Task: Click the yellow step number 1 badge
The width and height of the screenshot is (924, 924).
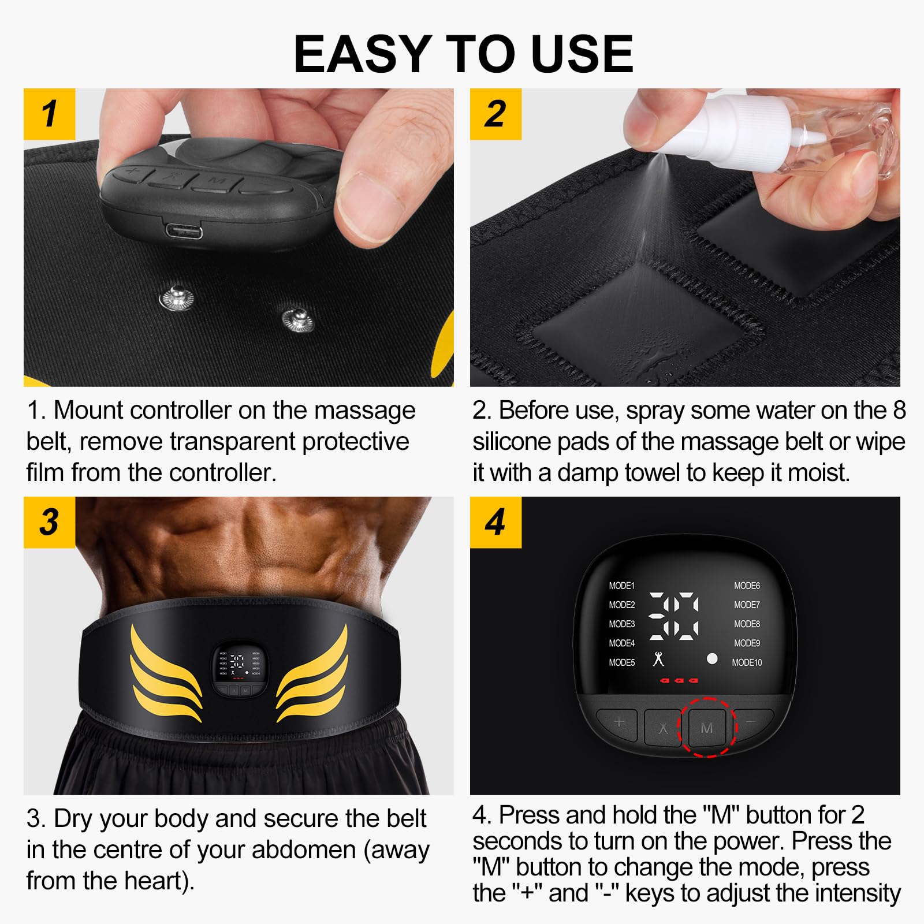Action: [x=50, y=114]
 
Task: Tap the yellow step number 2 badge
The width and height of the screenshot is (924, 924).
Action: [x=495, y=114]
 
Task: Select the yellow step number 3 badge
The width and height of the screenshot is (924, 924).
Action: [x=50, y=522]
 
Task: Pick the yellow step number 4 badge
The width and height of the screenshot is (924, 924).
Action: [x=495, y=522]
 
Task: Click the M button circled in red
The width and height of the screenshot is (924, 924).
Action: [x=707, y=728]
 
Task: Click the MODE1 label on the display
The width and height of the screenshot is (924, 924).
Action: [x=621, y=586]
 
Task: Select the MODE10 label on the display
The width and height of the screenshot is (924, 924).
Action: [x=747, y=662]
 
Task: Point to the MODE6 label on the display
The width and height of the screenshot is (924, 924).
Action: [x=747, y=586]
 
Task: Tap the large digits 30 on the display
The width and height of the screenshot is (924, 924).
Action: [x=674, y=616]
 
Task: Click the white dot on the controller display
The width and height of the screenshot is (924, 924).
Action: [x=712, y=658]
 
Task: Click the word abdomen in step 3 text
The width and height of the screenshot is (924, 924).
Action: [x=303, y=850]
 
